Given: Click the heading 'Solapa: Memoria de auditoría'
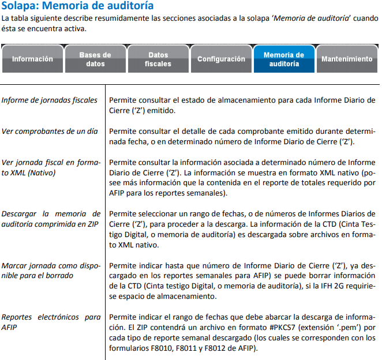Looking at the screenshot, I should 77,7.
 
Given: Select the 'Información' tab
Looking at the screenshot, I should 32,59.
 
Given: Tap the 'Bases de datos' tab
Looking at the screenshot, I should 95,59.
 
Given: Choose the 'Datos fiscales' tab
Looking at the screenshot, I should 158,59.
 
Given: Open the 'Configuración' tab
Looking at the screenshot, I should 221,59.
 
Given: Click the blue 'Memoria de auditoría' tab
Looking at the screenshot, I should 284,59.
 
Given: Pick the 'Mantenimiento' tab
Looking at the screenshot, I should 347,59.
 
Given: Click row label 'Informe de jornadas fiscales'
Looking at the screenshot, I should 50,100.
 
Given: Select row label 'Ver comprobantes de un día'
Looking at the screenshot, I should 50,131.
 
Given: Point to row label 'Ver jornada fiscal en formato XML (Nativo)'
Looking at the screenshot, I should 51,167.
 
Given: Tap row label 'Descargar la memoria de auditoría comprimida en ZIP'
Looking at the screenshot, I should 51,219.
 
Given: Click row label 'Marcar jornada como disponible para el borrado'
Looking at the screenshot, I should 51,271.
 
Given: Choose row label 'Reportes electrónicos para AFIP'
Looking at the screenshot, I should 51,322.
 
